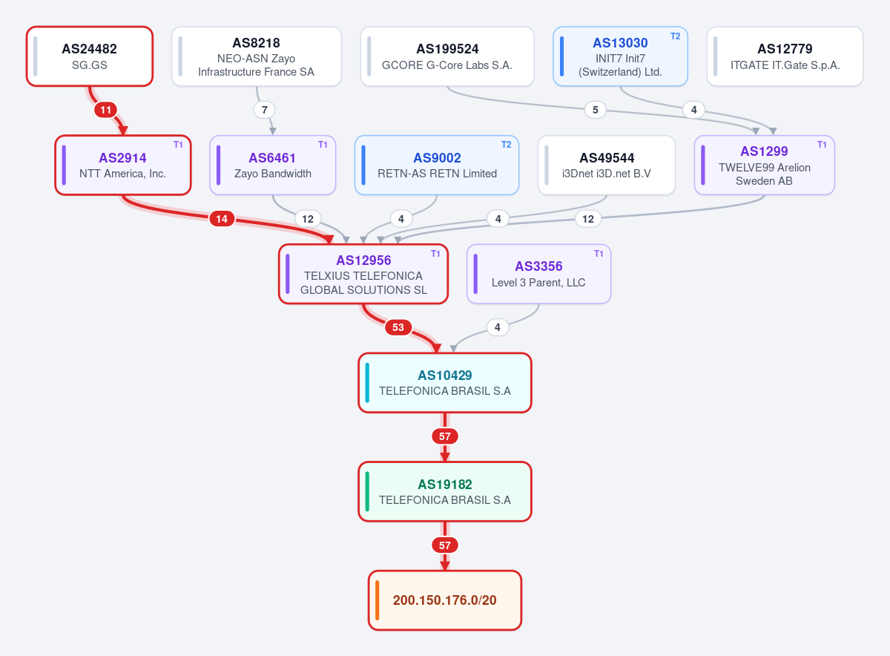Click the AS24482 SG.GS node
pyautogui.click(x=90, y=56)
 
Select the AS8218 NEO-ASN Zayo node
pyautogui.click(x=257, y=56)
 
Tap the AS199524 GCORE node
pyautogui.click(x=447, y=56)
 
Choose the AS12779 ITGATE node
pyautogui.click(x=785, y=56)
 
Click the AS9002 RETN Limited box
pyautogui.click(x=437, y=165)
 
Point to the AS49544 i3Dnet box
pyautogui.click(x=607, y=165)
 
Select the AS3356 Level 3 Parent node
pyautogui.click(x=538, y=274)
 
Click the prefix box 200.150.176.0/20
pyautogui.click(x=444, y=600)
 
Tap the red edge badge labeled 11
pyautogui.click(x=105, y=110)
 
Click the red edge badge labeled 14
pyautogui.click(x=222, y=219)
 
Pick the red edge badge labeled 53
pyautogui.click(x=398, y=327)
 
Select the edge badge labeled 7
pyautogui.click(x=264, y=110)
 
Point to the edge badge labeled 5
pyautogui.click(x=595, y=110)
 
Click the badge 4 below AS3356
pyautogui.click(x=498, y=327)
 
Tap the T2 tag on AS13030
pyautogui.click(x=676, y=36)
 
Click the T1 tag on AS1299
pyautogui.click(x=822, y=145)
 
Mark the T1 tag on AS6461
pyautogui.click(x=323, y=145)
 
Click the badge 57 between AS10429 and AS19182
pyautogui.click(x=444, y=436)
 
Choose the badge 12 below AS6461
pyautogui.click(x=308, y=219)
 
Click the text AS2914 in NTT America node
pyautogui.click(x=123, y=158)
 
